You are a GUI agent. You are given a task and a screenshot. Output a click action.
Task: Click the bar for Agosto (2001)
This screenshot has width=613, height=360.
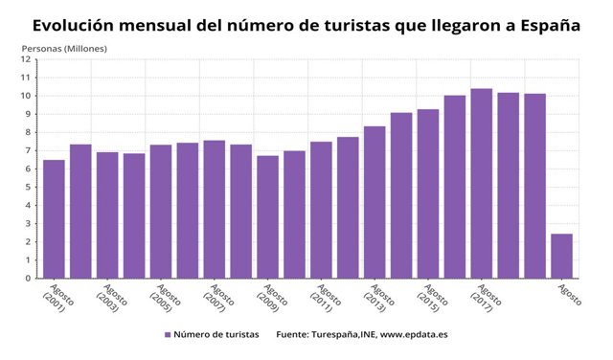(x=54, y=219)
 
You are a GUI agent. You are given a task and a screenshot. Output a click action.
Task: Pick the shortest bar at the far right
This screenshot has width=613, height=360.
(x=562, y=256)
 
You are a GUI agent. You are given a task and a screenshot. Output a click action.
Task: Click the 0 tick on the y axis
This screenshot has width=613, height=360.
(x=29, y=279)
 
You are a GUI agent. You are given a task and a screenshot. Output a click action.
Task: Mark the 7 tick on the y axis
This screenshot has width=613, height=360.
(x=29, y=150)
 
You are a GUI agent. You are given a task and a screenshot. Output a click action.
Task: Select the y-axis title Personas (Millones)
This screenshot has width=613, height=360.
(x=64, y=48)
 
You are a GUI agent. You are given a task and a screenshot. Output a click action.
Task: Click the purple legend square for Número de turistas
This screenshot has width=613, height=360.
(x=168, y=335)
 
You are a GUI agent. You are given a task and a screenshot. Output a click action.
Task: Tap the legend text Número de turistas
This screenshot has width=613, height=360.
(x=216, y=335)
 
